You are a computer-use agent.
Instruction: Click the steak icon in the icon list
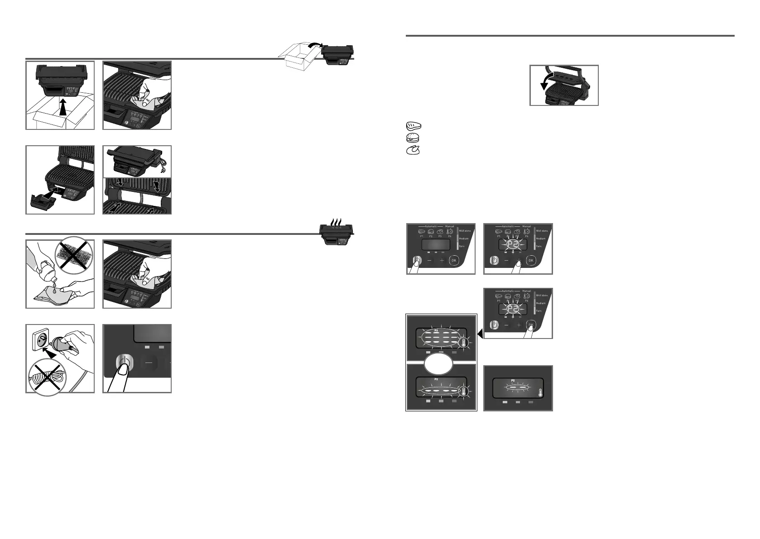[x=413, y=125]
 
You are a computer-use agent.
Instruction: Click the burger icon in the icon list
[x=413, y=138]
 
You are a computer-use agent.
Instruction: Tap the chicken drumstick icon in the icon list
[x=413, y=151]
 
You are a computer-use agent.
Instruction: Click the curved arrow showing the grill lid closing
[x=548, y=83]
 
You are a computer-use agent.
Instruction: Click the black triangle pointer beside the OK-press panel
[x=480, y=334]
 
